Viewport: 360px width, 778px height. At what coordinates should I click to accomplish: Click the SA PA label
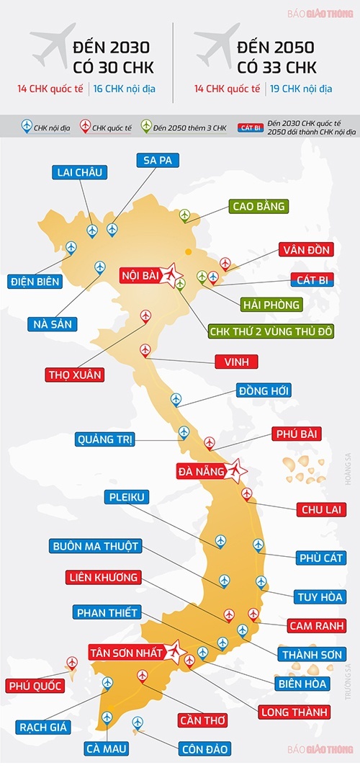(x=157, y=160)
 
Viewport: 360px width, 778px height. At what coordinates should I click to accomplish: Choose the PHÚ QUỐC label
(x=33, y=685)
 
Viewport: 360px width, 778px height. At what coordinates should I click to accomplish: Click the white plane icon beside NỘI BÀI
(x=171, y=274)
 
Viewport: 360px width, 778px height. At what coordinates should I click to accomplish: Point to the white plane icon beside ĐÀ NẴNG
(x=236, y=472)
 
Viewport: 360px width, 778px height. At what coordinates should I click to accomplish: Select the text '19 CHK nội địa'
(x=300, y=90)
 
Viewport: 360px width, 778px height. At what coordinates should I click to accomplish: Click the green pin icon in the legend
(x=147, y=127)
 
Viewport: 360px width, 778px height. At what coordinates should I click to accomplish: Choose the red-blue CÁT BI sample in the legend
(x=251, y=128)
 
